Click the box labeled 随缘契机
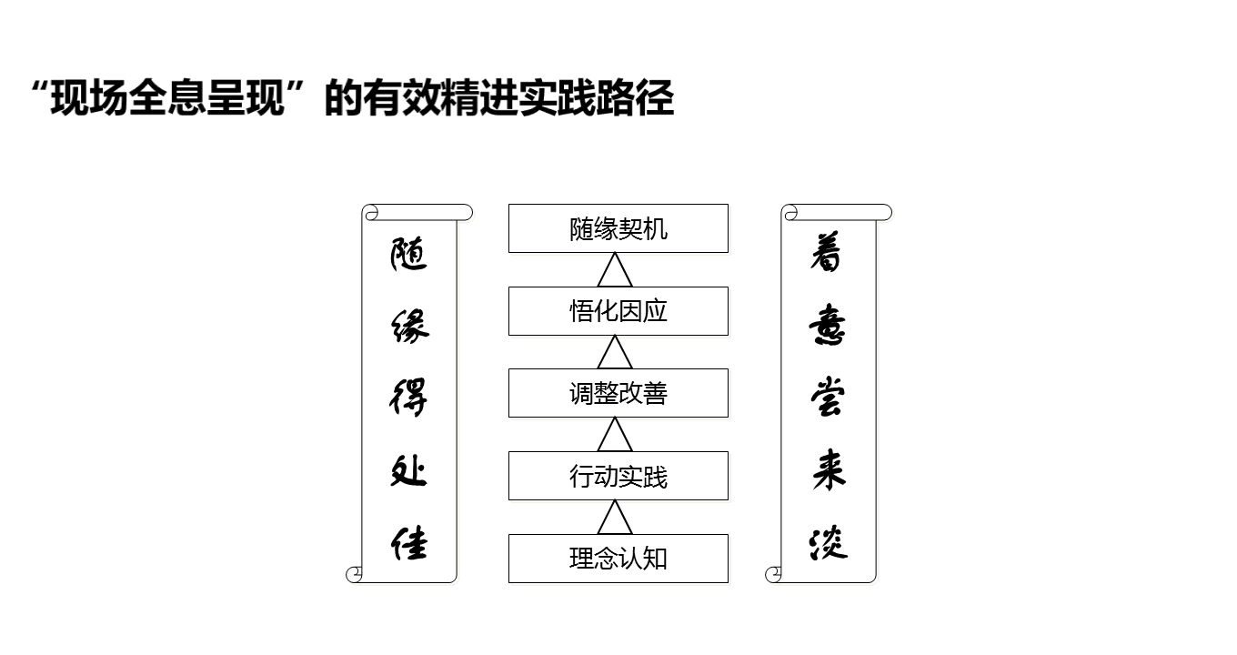point(618,228)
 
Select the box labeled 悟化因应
point(618,311)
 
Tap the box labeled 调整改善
point(618,393)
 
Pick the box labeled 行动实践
point(618,476)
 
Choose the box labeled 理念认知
point(618,559)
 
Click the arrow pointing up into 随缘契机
point(615,270)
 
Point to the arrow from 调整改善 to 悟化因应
point(615,352)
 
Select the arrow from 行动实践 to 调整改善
point(615,435)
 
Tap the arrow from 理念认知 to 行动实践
point(615,518)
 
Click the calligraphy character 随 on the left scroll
point(408,254)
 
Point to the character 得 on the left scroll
point(408,397)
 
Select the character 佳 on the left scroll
point(409,544)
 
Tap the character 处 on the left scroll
point(408,470)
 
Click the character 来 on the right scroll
point(829,470)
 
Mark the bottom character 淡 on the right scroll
point(828,543)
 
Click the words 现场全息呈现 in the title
point(167,97)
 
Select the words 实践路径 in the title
point(597,97)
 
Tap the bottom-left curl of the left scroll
point(354,574)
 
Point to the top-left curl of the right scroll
point(790,213)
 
